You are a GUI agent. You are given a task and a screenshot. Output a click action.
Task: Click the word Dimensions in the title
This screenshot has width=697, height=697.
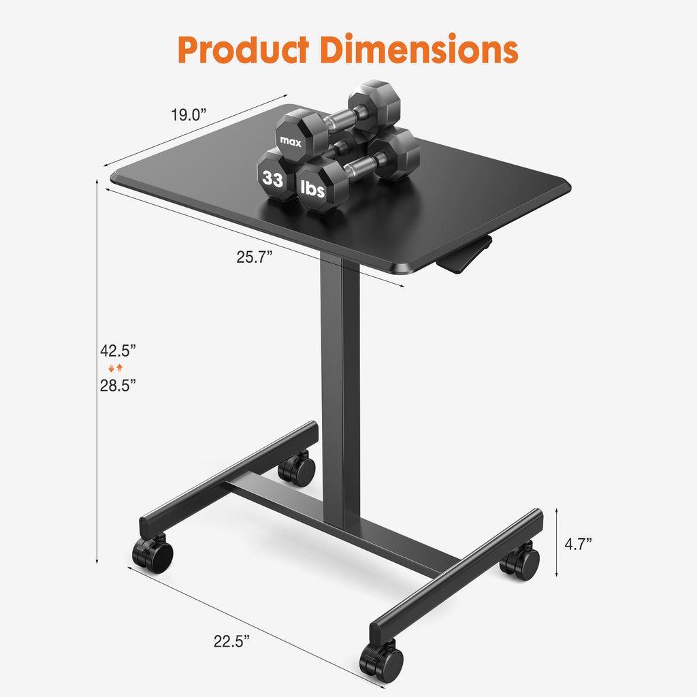click(x=420, y=49)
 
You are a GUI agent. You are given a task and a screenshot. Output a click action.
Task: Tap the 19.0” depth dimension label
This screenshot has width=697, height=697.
click(x=189, y=115)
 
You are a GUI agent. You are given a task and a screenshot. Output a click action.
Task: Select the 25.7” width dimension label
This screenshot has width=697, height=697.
click(x=255, y=257)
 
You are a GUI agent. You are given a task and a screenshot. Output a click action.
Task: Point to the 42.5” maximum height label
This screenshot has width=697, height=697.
click(x=118, y=351)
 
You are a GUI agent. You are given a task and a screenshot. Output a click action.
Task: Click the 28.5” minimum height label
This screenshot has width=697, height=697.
click(x=118, y=385)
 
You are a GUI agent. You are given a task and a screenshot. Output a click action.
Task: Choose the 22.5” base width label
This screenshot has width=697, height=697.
click(x=232, y=641)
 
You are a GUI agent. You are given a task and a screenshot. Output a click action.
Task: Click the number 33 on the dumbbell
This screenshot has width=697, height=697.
click(x=273, y=180)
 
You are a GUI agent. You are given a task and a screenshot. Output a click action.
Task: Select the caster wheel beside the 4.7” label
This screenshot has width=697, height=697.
click(x=521, y=563)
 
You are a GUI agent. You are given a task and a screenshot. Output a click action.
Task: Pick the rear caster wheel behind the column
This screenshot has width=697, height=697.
click(x=297, y=469)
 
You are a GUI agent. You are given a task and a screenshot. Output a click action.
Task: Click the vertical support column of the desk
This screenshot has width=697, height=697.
click(x=340, y=388)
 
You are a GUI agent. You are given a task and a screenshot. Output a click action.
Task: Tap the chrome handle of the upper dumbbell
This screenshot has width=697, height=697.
click(x=340, y=118)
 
